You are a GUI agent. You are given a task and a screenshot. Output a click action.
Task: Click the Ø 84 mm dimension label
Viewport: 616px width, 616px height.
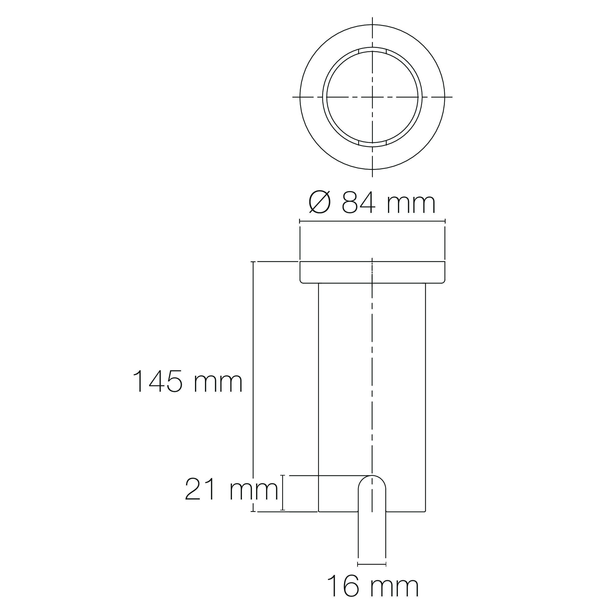[x=372, y=203]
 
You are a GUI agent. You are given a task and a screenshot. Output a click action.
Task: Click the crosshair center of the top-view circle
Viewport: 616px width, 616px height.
[x=372, y=97]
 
